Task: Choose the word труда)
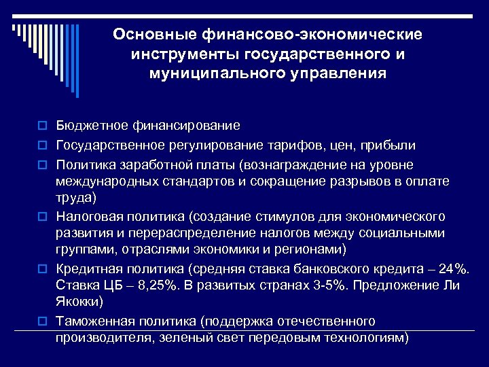pyautogui.click(x=76, y=198)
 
